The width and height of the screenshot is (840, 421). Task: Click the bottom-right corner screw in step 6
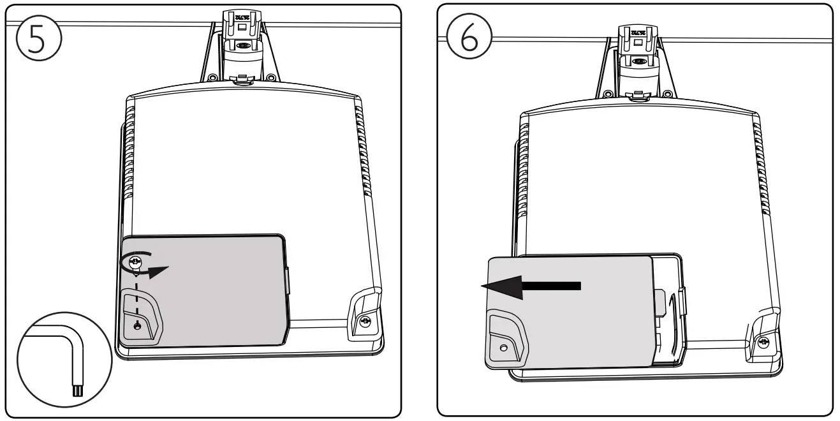[764, 343]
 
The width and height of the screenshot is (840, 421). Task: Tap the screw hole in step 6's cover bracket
[503, 348]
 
